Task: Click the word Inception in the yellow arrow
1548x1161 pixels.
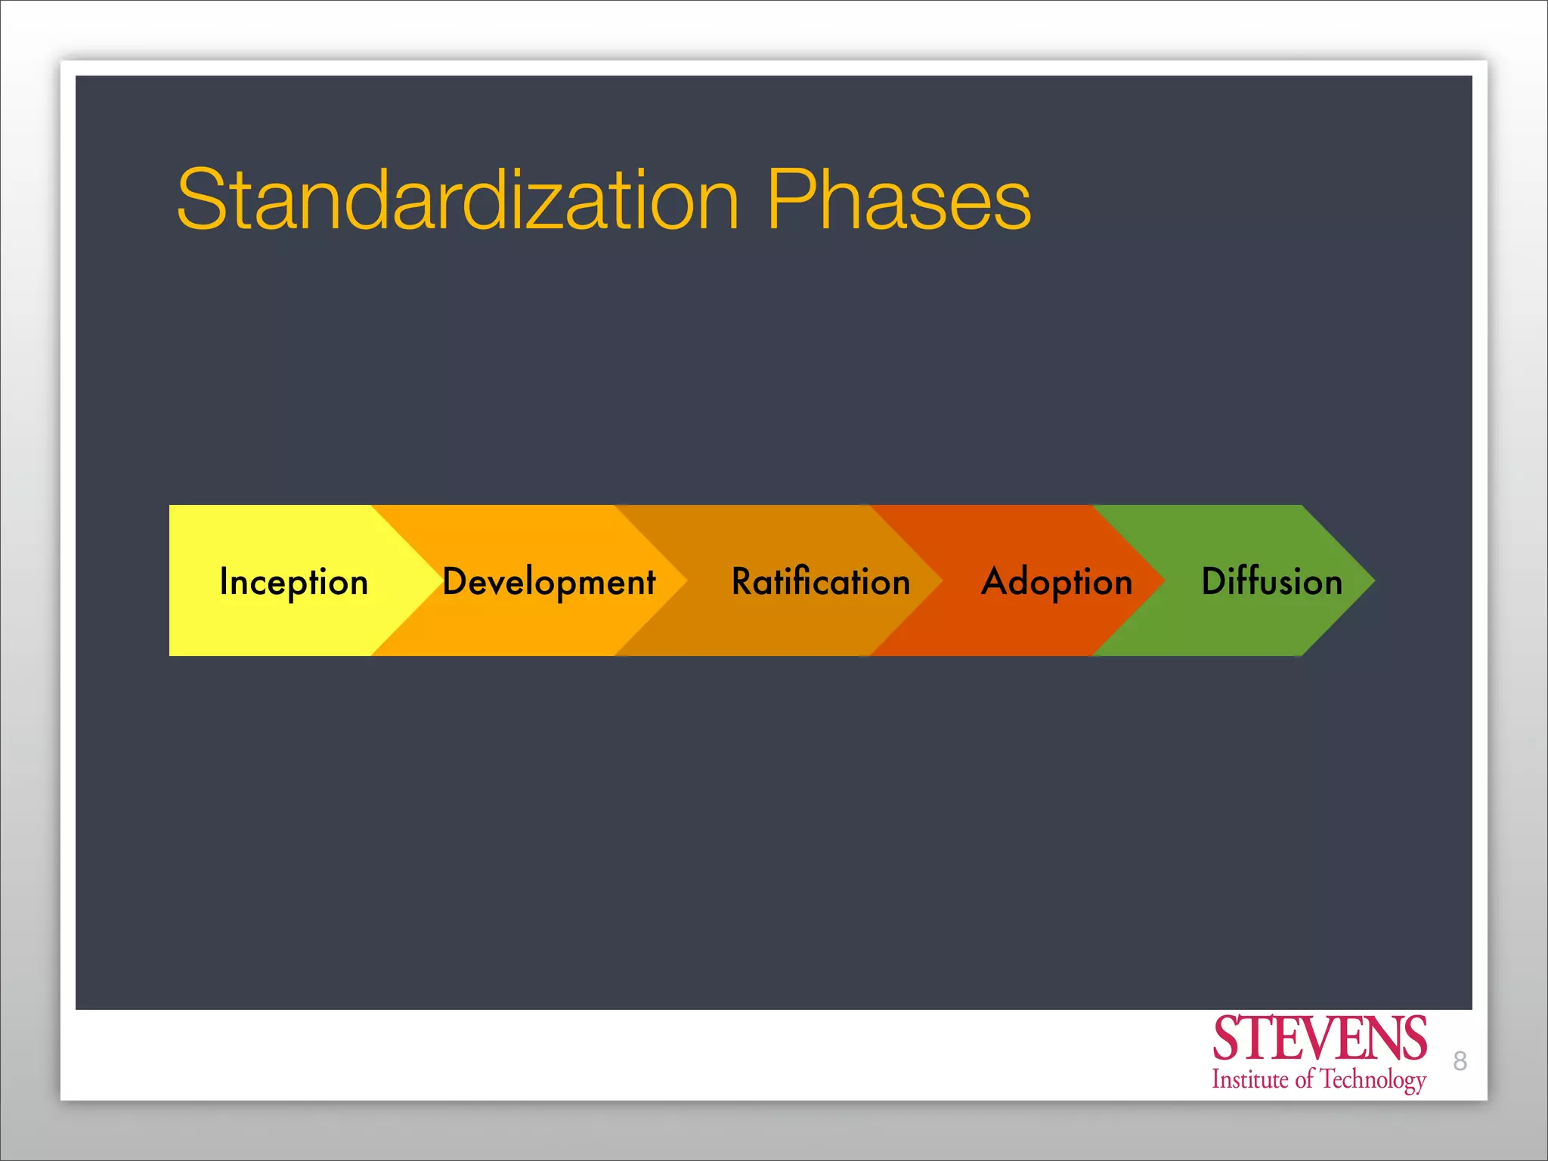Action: [293, 582]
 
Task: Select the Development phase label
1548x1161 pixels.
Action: [549, 582]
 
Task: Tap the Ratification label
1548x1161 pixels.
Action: [821, 581]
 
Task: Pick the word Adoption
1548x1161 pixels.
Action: [1057, 582]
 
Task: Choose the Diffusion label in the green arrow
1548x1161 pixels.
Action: [1272, 580]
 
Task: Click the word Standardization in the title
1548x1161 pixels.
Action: [457, 200]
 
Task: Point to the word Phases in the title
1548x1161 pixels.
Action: [899, 200]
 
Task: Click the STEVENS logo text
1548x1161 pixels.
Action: [1319, 1039]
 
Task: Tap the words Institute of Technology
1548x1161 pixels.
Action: [1319, 1079]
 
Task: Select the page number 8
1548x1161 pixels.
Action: [1460, 1061]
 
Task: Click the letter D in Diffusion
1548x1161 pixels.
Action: [1214, 580]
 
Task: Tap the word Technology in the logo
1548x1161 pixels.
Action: [1373, 1080]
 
